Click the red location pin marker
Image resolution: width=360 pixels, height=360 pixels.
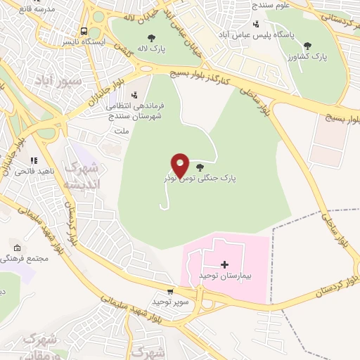point(181,164)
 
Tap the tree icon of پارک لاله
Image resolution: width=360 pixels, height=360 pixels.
point(151,38)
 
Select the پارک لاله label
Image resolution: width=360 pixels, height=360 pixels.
point(151,50)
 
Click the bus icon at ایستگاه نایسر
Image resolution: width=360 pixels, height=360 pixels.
point(84,32)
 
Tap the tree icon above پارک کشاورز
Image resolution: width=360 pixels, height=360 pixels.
point(307,46)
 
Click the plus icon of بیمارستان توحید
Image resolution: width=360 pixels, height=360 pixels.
point(224,265)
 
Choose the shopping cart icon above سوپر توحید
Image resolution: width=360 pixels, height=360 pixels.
point(170,291)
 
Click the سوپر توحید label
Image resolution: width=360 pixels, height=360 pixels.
point(170,302)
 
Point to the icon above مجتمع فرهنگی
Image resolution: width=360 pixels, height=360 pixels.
point(17,248)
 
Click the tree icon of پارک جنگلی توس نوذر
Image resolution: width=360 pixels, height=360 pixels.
point(201,167)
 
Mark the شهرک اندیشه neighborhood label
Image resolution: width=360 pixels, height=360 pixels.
point(83,176)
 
